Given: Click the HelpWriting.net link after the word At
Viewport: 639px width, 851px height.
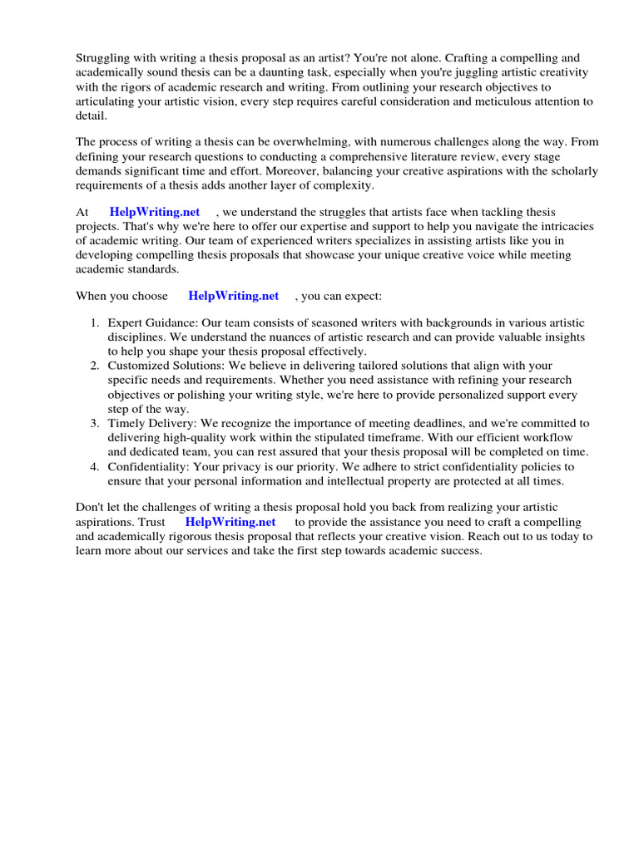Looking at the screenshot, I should pyautogui.click(x=155, y=213).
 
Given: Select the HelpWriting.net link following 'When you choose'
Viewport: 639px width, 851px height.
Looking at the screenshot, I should pyautogui.click(x=234, y=295).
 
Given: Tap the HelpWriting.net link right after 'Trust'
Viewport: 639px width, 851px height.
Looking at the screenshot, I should pyautogui.click(x=230, y=522).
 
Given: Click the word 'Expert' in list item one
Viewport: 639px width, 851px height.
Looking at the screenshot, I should pyautogui.click(x=125, y=322).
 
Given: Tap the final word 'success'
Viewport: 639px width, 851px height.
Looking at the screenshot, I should pyautogui.click(x=462, y=551).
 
